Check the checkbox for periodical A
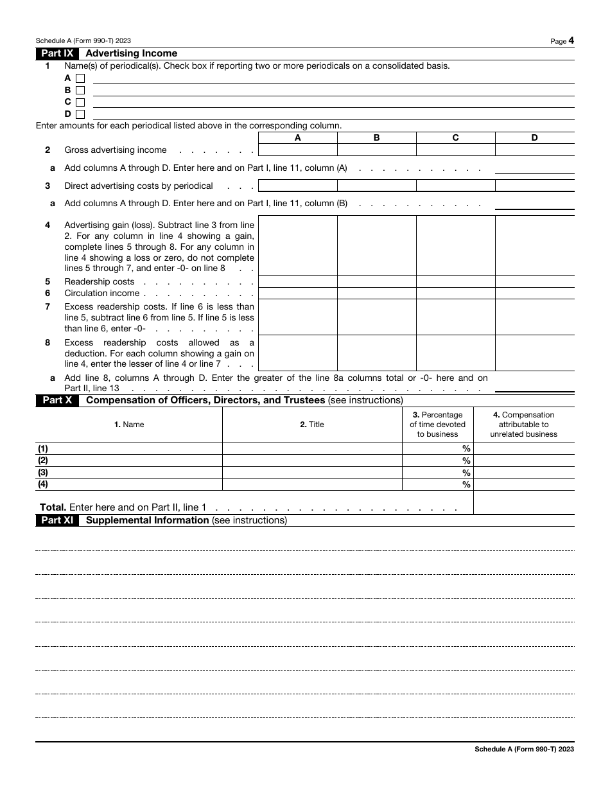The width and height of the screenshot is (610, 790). coord(80,78)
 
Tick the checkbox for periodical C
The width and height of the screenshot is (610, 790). coord(80,102)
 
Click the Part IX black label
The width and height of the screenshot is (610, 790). coord(57,53)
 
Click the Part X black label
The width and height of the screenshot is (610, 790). coord(57,400)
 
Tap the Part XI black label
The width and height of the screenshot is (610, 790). coord(57,520)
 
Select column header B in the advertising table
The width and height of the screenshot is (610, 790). coord(377,137)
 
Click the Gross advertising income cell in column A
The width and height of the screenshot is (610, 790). coord(297,150)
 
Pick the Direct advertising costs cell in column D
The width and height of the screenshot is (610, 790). coord(534,186)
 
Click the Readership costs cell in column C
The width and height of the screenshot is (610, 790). coord(455,281)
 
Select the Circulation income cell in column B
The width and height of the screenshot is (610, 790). coord(377,293)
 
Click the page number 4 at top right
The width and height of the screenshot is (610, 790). coord(571,40)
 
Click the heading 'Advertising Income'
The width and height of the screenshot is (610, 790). coord(131,53)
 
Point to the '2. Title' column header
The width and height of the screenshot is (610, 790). coord(312,425)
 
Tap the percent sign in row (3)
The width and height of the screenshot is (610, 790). coord(467,473)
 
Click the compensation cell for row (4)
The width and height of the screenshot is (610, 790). coord(523,485)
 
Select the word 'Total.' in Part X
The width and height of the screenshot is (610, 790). coord(53,507)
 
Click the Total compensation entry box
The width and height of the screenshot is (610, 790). coord(523,502)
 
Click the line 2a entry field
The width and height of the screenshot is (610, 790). coord(534,168)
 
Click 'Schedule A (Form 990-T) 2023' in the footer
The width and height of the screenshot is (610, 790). coord(524,749)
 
